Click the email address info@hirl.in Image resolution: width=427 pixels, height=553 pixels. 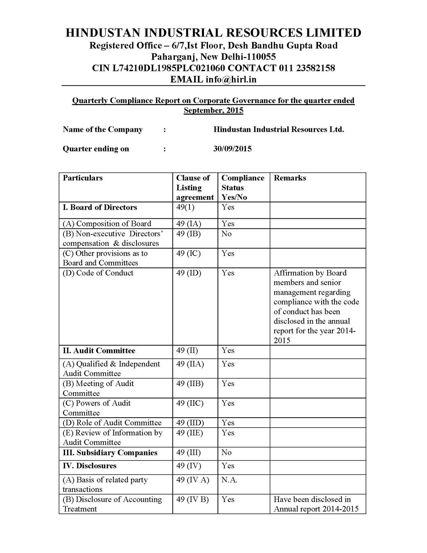coord(231,79)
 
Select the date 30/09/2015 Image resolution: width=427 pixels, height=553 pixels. coord(232,149)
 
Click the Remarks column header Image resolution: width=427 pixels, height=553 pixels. coord(290,178)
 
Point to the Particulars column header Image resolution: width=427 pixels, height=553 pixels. coord(83,178)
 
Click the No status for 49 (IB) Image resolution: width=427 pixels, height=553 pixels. coord(226,234)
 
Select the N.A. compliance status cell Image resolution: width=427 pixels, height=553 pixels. coord(229,480)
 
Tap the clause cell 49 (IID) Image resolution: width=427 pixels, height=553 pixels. coord(190,423)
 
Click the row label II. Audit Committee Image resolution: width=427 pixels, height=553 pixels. coord(99,351)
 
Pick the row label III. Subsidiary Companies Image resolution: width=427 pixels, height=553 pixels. coord(110,453)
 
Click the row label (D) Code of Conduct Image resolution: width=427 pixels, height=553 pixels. coord(98,273)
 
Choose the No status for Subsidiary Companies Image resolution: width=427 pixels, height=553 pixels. coord(226,453)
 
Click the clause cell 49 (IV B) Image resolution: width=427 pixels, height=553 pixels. coord(192,499)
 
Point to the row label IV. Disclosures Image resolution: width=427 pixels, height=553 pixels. coord(89,466)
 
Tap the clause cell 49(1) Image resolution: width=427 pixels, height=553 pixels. coord(185,207)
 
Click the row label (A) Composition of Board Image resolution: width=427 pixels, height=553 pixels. coord(107,224)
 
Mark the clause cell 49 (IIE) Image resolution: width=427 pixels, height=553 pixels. coord(190,433)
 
